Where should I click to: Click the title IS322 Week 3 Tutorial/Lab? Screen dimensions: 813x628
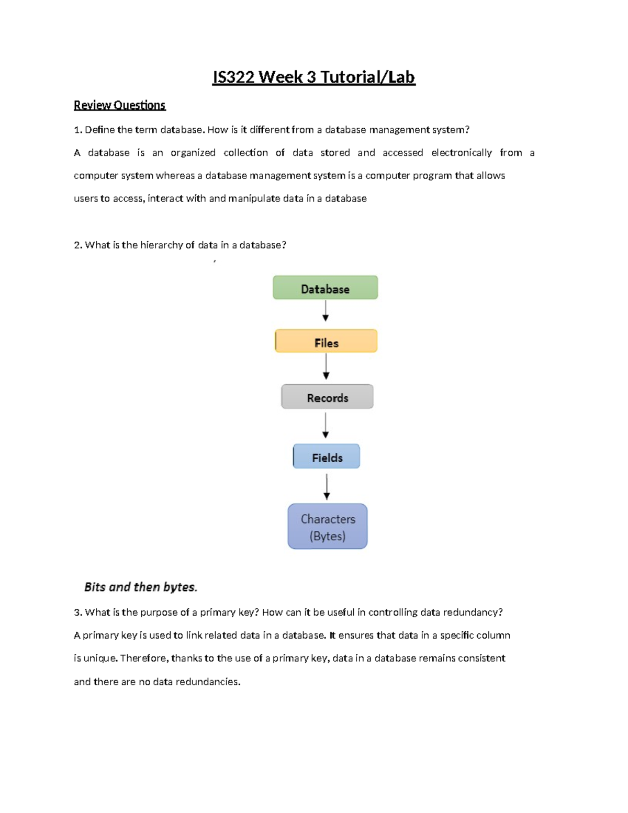tap(313, 77)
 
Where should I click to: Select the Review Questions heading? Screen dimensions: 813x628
tap(119, 105)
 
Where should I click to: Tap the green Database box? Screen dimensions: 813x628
tap(325, 288)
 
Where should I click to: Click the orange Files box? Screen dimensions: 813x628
tap(326, 341)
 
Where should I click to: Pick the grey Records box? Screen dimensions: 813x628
tap(327, 397)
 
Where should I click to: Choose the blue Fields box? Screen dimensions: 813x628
tap(327, 456)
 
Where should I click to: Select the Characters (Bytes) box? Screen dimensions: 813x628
tap(328, 527)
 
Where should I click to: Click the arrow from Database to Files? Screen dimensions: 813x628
tap(326, 311)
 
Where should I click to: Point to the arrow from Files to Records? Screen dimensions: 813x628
tap(326, 366)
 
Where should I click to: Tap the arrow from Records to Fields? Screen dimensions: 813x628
tap(326, 426)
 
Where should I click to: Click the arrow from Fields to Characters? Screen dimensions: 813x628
tap(327, 487)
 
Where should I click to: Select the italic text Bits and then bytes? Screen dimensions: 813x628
tap(141, 587)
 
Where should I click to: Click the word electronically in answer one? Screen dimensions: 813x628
tap(461, 153)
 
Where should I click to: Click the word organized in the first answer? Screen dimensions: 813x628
tap(193, 153)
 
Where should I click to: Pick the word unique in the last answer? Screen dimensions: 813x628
tap(99, 658)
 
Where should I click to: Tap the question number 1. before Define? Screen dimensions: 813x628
tap(78, 130)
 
